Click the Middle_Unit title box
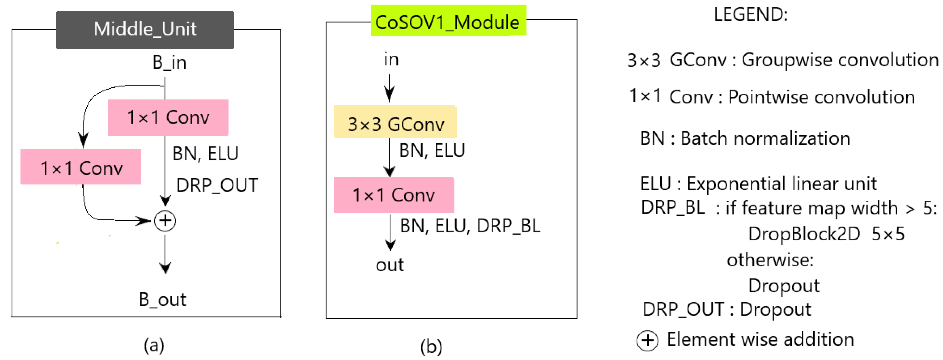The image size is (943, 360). point(145,30)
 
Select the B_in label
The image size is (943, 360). point(169,62)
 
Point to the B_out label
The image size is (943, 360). point(163,300)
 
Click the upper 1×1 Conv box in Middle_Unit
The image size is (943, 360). point(168,117)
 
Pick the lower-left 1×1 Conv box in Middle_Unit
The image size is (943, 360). point(81,167)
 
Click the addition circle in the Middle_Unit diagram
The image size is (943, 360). point(165,221)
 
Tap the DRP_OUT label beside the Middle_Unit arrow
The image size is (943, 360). point(217,185)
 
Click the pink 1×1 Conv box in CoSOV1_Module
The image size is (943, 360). point(394,195)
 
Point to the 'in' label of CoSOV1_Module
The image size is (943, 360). point(391,59)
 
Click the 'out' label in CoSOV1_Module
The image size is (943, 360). point(390,265)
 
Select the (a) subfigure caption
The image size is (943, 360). point(154,345)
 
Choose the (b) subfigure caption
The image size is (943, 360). point(431,346)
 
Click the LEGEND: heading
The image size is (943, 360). point(750,15)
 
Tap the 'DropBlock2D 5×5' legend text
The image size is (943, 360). point(826,234)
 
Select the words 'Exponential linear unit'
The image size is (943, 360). point(782,184)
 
